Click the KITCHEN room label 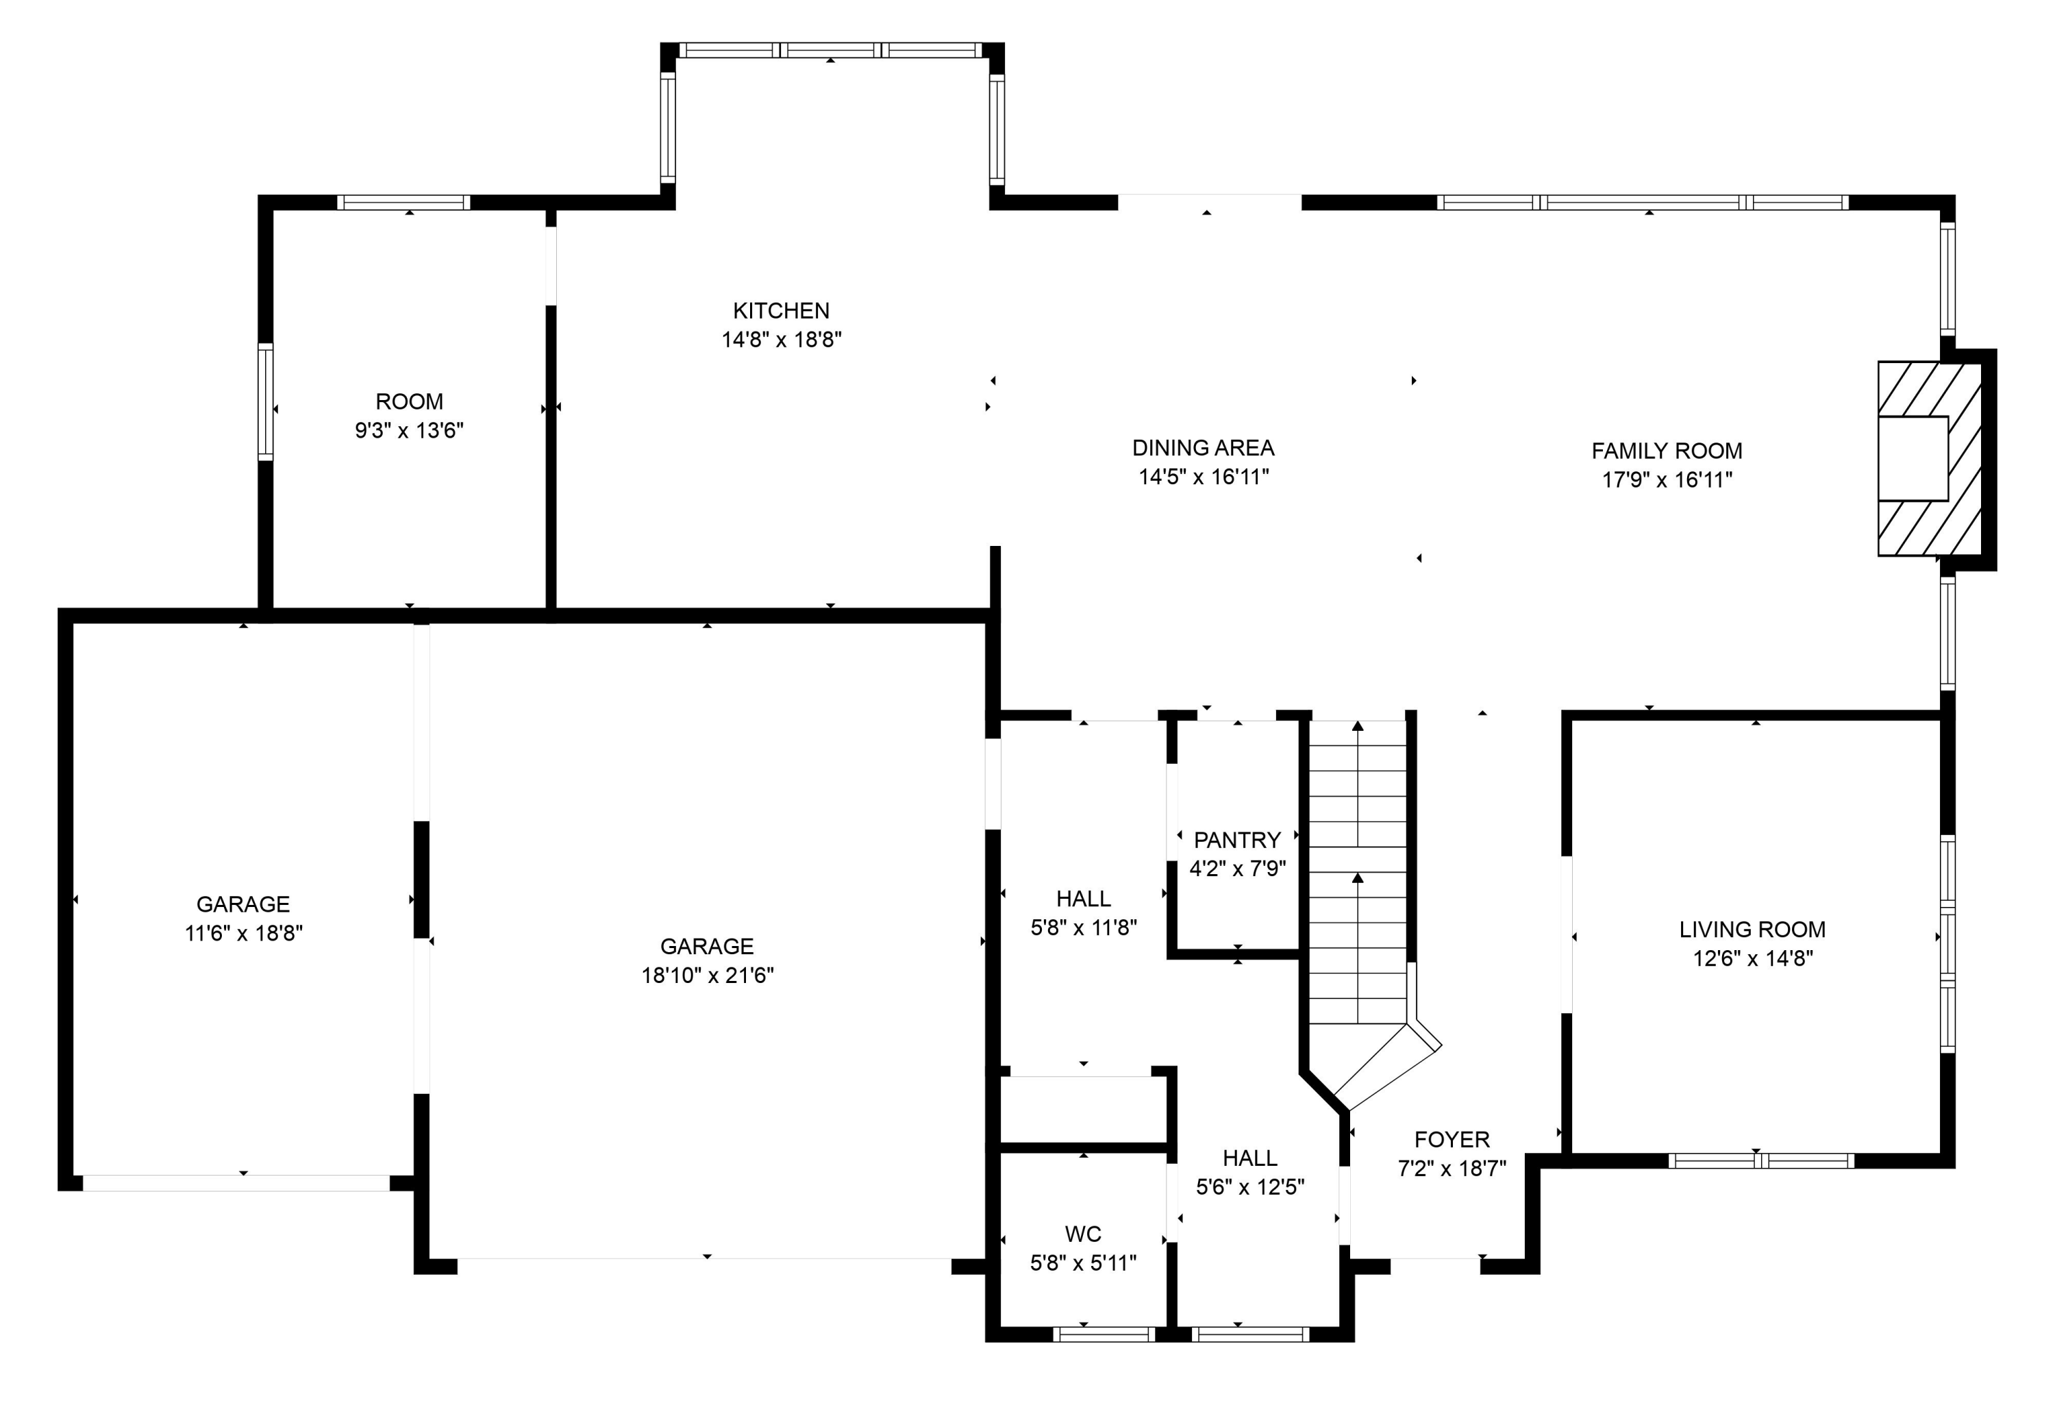781,311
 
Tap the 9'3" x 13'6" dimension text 409,431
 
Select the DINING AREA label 1203,448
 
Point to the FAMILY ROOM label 1667,451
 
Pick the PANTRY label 1236,840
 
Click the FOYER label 1452,1139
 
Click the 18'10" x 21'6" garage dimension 707,975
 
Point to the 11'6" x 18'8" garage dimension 243,934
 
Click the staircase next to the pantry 1358,871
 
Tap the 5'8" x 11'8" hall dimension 1083,928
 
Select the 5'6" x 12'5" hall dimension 1250,1187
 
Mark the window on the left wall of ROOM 266,401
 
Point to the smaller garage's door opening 236,1182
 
